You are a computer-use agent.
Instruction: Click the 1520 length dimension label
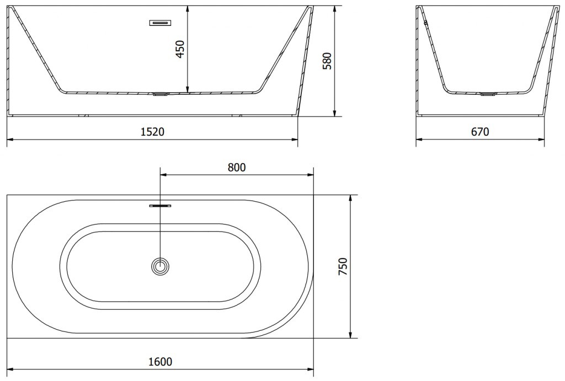coord(152,132)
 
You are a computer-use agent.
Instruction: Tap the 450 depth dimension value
coord(180,49)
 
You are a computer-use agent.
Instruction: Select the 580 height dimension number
coord(327,61)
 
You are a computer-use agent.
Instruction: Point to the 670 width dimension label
coord(480,132)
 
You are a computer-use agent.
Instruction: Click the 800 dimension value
coord(237,168)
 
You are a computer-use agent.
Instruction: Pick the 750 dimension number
coord(343,266)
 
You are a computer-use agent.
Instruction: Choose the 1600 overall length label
coord(161,362)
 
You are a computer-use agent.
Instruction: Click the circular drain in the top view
coord(160,266)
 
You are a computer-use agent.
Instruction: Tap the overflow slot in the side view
coord(160,23)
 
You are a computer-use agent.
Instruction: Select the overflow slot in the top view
coord(160,206)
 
